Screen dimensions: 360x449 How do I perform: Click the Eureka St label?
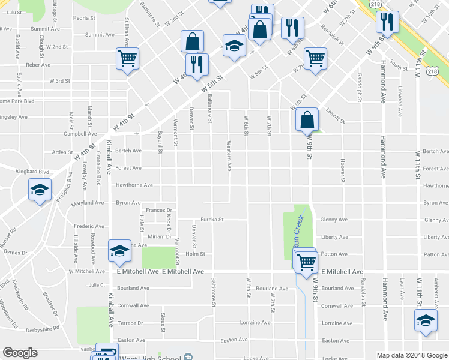point(212,220)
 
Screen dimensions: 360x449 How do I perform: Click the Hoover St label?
point(342,170)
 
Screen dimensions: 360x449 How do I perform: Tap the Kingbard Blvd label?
point(32,172)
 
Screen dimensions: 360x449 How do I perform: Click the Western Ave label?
point(229,155)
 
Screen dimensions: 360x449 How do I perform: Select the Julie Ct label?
point(97,285)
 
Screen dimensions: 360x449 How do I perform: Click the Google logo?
point(20,353)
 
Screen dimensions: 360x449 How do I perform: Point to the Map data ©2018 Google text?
point(411,355)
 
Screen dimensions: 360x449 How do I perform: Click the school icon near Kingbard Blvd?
point(40,190)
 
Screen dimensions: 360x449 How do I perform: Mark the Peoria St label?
point(84,19)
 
